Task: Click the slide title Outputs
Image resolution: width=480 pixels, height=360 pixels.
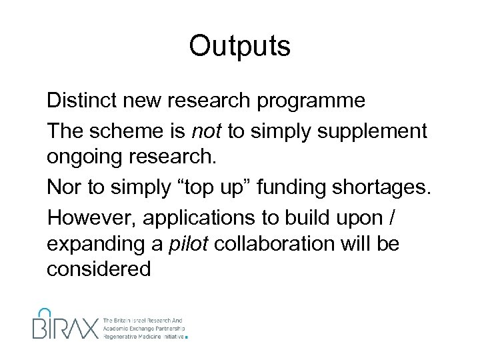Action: click(x=239, y=47)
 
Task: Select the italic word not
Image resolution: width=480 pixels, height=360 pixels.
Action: click(x=206, y=131)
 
